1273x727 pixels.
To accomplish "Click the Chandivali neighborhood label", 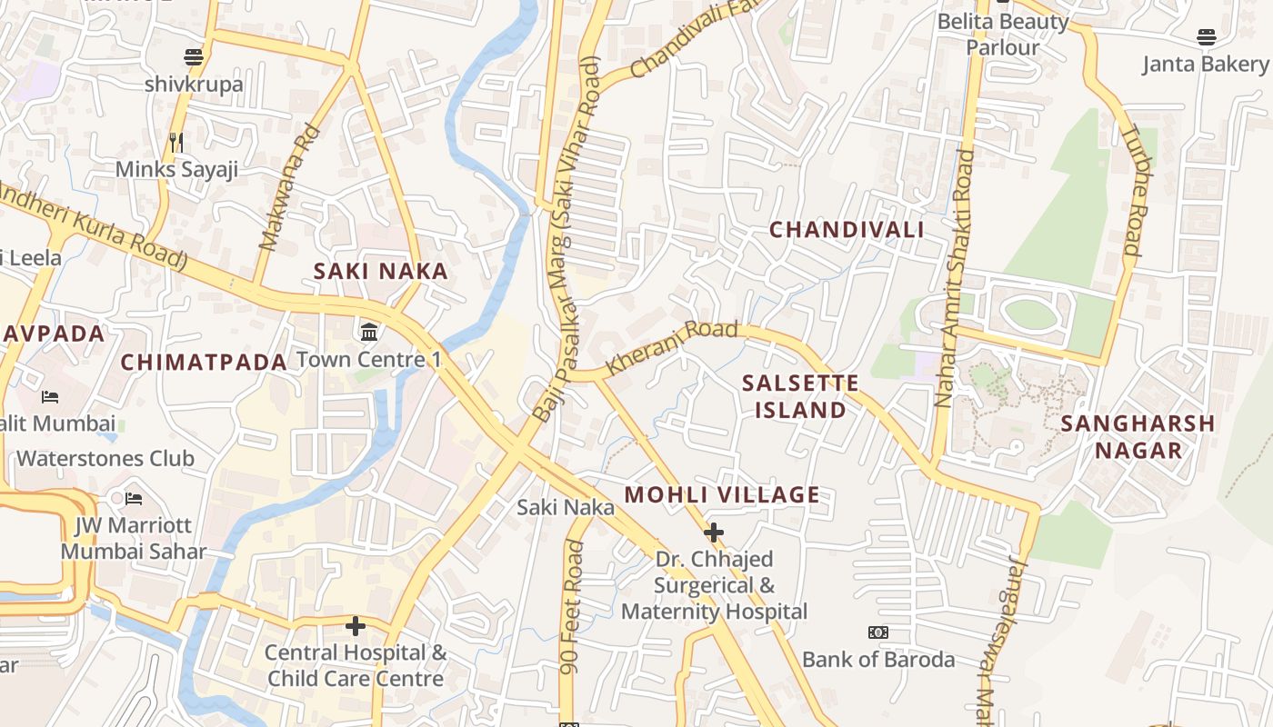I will coord(847,230).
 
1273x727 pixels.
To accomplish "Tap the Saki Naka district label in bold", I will coord(381,271).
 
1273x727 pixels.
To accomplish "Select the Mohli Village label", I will coord(723,495).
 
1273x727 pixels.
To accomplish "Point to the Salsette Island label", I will coord(800,396).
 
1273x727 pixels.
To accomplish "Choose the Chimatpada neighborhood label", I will coord(204,362).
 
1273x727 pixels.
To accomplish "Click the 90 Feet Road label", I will coord(572,607).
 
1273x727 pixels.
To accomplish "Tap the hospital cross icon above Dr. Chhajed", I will coord(714,532).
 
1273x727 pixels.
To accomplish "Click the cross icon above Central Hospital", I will coord(356,626).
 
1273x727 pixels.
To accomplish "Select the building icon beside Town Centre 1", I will coord(369,333).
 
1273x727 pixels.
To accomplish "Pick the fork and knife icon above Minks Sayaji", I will coord(176,142).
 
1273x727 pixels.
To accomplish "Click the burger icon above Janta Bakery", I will coord(1206,37).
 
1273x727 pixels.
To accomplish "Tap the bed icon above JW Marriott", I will coord(134,498).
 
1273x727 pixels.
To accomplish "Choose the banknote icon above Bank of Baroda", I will coord(878,632).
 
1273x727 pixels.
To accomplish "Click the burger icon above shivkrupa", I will coord(193,57).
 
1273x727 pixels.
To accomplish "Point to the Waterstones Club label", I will coord(105,458).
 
